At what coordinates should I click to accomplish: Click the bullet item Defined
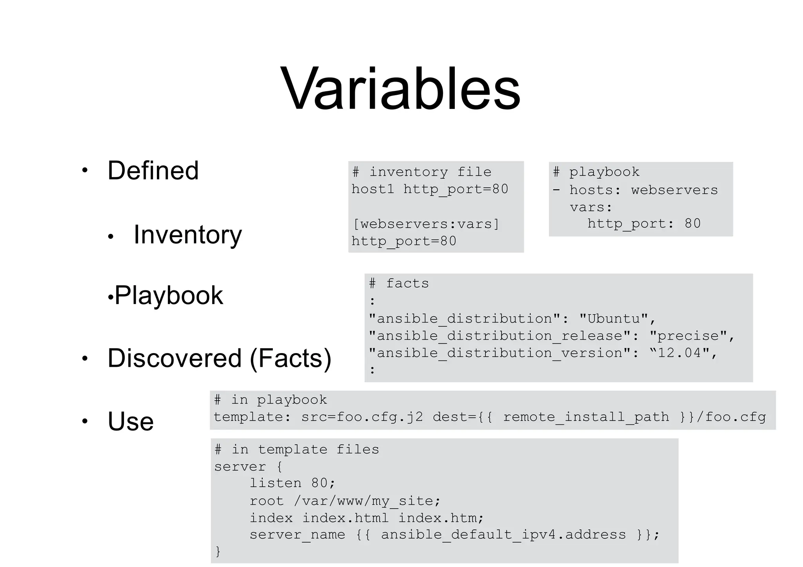[153, 170]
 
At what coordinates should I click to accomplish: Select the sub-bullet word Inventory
[187, 234]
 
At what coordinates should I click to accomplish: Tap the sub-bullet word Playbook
[169, 295]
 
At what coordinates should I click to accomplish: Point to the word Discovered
[174, 358]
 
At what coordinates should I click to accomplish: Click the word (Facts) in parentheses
[290, 358]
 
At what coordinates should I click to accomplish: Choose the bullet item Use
[131, 421]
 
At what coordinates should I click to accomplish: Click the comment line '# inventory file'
[421, 172]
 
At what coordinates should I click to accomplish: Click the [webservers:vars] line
[426, 224]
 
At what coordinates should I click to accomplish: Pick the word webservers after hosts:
[674, 190]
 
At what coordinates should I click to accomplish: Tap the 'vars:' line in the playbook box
[591, 207]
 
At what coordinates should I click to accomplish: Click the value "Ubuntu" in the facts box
[614, 319]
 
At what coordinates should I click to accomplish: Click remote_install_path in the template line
[586, 417]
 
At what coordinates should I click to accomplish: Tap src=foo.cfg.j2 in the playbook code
[362, 417]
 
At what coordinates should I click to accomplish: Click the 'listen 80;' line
[292, 483]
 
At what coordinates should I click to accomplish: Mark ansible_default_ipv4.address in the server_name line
[503, 535]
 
